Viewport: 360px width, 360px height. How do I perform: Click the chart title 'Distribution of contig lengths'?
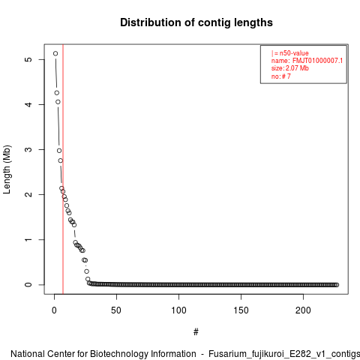(196, 22)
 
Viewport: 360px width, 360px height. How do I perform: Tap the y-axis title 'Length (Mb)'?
(7, 169)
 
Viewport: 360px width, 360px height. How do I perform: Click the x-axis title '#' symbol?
(196, 332)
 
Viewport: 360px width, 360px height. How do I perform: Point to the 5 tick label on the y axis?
(28, 59)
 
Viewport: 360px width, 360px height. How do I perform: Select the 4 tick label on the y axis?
(28, 104)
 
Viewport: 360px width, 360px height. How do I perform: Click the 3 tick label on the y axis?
(28, 149)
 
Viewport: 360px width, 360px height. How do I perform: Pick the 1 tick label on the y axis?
(28, 239)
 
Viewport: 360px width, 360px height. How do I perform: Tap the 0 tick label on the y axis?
(28, 284)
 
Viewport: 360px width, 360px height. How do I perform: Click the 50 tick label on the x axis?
(116, 310)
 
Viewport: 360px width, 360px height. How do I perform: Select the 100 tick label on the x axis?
(178, 310)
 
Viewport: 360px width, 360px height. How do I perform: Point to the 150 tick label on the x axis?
(241, 310)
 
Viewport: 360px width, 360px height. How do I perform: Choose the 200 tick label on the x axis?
(303, 310)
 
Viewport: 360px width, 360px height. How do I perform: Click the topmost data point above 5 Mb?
(55, 53)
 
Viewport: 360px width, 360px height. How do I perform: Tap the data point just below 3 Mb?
(59, 151)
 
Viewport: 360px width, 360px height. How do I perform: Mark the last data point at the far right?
(337, 285)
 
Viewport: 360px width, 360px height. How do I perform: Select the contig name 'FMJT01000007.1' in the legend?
(317, 61)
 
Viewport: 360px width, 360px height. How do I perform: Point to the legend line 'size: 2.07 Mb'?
(290, 68)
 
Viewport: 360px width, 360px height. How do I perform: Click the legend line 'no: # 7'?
(281, 76)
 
